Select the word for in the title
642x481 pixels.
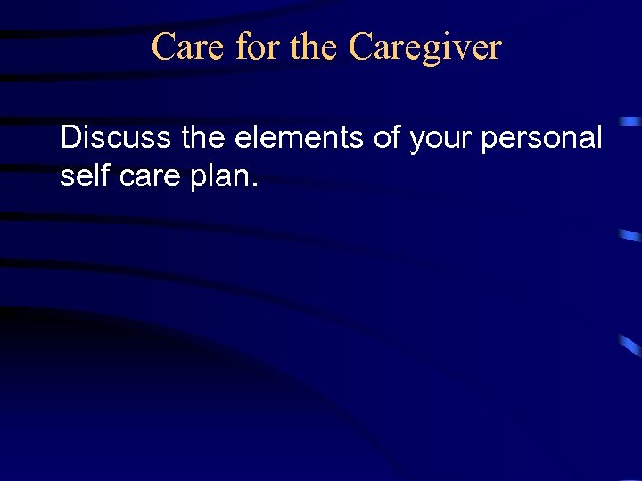point(258,47)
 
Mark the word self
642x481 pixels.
point(81,175)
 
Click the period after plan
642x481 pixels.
point(256,185)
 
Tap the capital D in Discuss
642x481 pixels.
point(70,138)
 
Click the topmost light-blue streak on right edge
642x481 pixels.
point(631,120)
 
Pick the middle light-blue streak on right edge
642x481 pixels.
point(630,235)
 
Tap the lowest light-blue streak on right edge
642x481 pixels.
point(631,346)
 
